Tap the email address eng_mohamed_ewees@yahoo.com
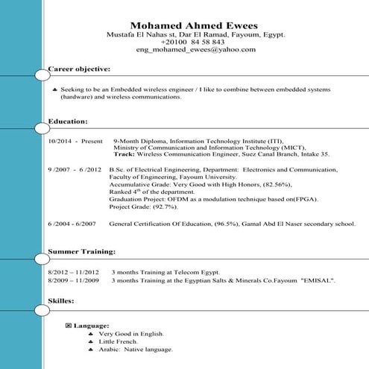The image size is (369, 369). (x=196, y=50)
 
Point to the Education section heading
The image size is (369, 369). (x=67, y=120)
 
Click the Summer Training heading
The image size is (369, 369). (x=81, y=252)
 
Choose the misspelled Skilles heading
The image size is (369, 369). (x=61, y=300)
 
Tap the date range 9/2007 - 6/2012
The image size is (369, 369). (x=74, y=170)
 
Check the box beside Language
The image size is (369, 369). (x=69, y=326)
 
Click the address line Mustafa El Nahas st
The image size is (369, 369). (x=146, y=35)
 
